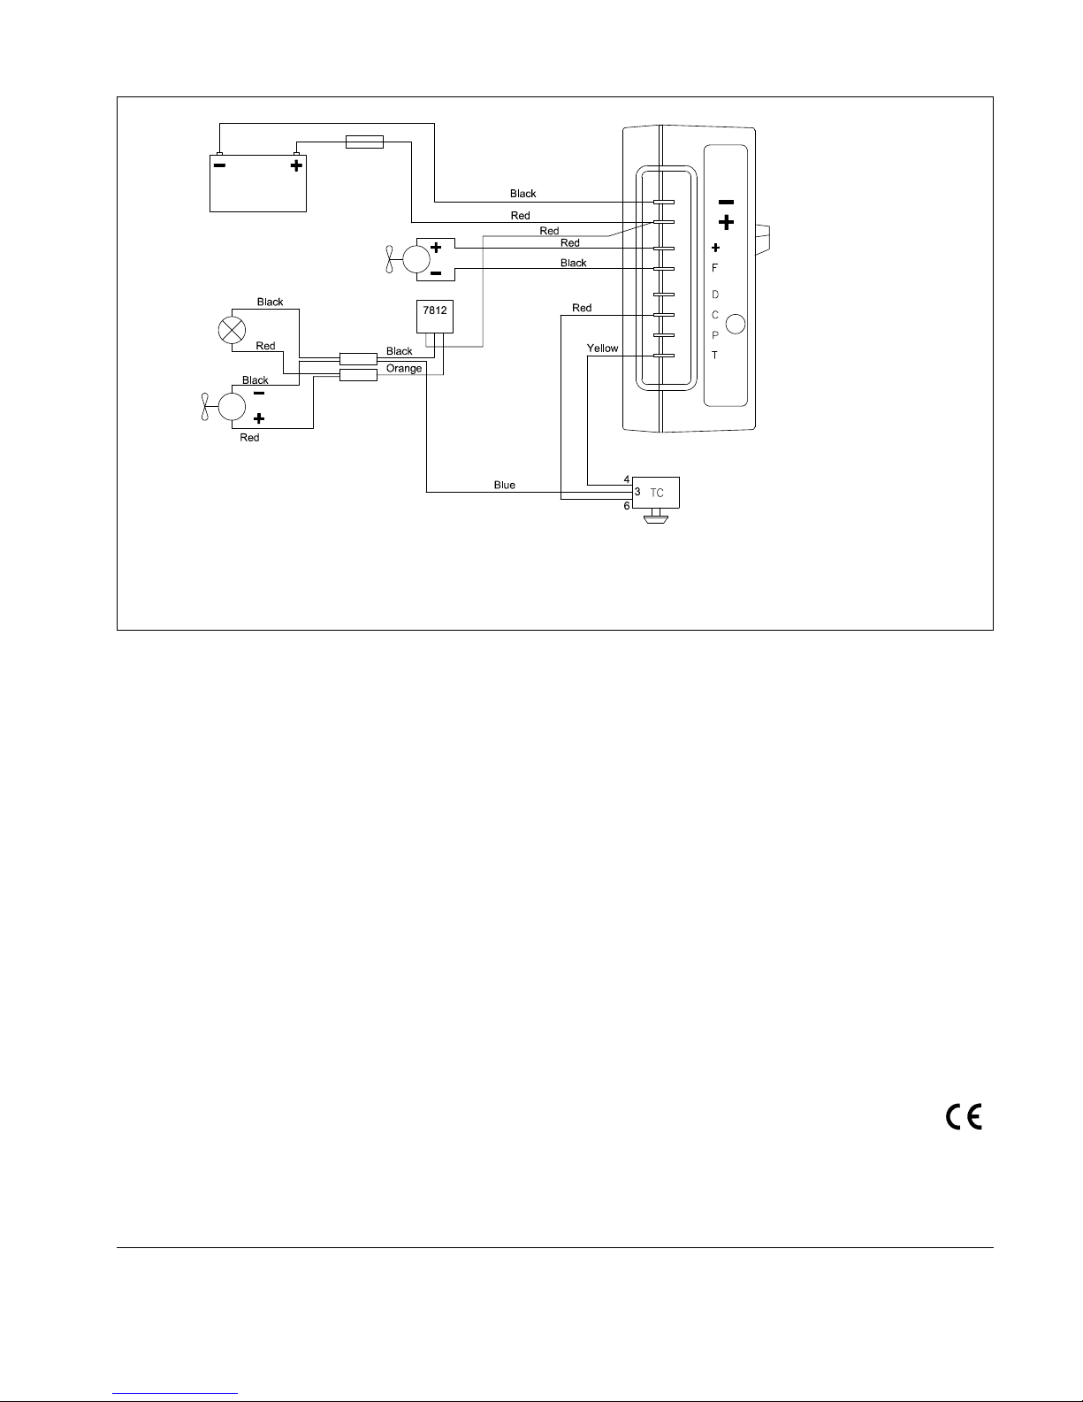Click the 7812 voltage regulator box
coord(434,316)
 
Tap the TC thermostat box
coord(656,493)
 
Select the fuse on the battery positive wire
coord(365,142)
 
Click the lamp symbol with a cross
coord(232,330)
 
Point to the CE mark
coord(964,1116)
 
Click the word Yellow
coord(602,349)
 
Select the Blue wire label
coord(504,486)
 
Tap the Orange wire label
coord(403,368)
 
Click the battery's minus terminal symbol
coord(220,165)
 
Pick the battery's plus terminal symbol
coord(296,165)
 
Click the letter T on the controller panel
coord(714,356)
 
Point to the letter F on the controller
coord(714,268)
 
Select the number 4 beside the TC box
coord(627,479)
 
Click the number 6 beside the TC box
coord(627,506)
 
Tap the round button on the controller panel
coord(736,324)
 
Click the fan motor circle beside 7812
coord(416,259)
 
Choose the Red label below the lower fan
coord(249,438)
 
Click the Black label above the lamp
coord(271,302)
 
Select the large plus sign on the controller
coord(726,223)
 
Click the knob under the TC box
coord(656,517)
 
